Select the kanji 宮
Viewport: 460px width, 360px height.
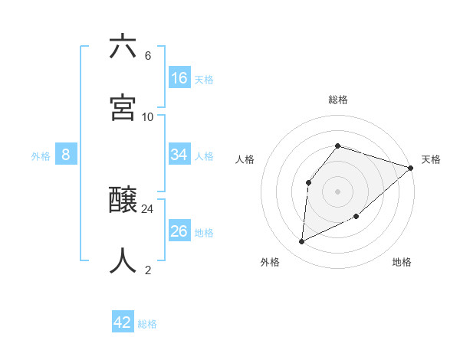[123, 107]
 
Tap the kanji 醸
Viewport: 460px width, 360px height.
[123, 201]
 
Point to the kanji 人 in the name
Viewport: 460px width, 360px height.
[123, 260]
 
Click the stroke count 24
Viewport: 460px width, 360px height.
[148, 208]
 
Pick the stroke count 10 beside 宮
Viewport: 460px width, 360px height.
[148, 116]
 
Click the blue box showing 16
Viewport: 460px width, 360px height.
[179, 78]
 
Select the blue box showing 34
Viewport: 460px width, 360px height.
[179, 155]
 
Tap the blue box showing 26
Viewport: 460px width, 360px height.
[179, 231]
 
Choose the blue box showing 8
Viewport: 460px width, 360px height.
[66, 155]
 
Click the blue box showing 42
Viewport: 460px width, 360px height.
[123, 322]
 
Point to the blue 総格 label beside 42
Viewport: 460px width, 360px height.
[147, 324]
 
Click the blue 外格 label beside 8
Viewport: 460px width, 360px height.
[41, 156]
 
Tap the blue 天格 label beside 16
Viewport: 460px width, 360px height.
[204, 80]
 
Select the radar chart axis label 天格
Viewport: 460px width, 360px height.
[431, 159]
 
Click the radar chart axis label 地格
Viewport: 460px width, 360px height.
[402, 263]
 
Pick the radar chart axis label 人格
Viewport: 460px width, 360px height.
[245, 159]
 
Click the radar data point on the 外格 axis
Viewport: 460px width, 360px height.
[302, 241]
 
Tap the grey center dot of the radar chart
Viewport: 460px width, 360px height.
[337, 191]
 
